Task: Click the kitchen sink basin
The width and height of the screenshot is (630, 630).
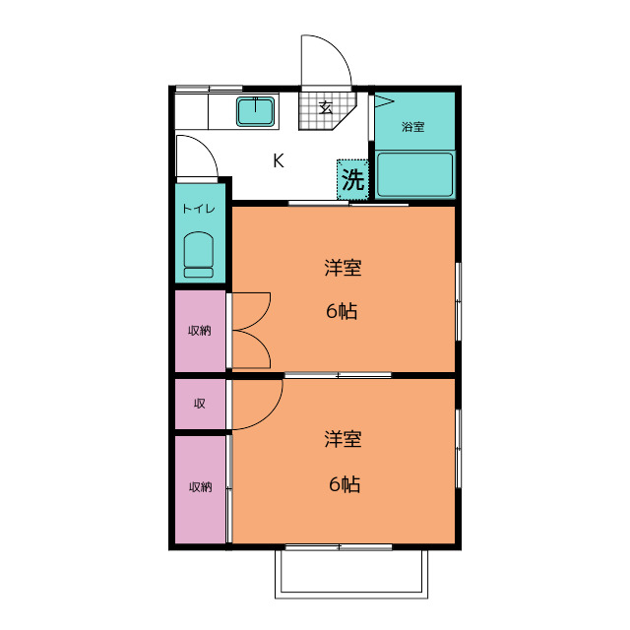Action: (x=256, y=111)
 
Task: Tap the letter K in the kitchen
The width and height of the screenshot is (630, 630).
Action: (x=279, y=160)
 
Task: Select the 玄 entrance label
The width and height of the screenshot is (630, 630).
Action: (x=326, y=107)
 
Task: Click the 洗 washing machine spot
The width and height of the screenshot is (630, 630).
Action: (x=352, y=179)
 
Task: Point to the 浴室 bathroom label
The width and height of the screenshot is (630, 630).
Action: (x=413, y=127)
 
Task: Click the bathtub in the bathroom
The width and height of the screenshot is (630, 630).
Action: (x=415, y=174)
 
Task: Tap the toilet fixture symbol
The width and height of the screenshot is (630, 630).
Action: (x=199, y=255)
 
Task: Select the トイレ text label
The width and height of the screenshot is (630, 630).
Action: (x=199, y=209)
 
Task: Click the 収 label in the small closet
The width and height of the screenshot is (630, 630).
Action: (x=200, y=403)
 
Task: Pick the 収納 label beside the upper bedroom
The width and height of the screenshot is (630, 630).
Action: (x=200, y=331)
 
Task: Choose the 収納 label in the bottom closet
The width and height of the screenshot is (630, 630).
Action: (x=201, y=487)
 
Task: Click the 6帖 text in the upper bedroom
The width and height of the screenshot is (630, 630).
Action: (x=342, y=311)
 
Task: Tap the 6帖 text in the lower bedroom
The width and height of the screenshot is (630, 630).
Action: (x=345, y=483)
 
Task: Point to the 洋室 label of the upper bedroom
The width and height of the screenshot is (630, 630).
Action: (x=344, y=268)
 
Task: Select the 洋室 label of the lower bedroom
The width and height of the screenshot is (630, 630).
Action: (x=344, y=439)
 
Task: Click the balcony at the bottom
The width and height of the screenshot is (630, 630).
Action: (x=351, y=574)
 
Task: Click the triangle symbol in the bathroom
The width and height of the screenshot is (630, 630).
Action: (x=384, y=101)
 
